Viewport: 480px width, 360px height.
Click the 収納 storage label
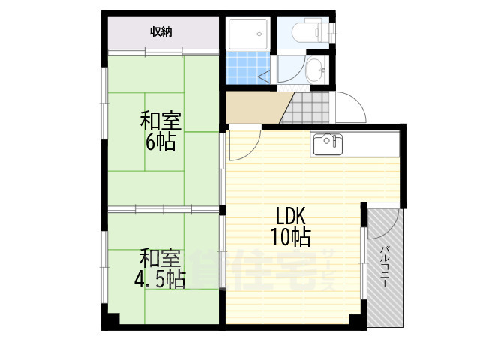coord(160,31)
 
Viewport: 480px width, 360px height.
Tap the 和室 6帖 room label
coord(160,132)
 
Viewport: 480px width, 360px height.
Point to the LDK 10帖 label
coord(291,226)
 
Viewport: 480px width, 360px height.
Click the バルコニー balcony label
coord(385,266)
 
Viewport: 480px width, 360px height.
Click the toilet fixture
coord(310,31)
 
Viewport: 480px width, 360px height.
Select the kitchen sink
coord(328,145)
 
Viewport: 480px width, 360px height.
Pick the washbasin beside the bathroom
coord(316,70)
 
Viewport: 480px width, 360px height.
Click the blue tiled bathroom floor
coord(248,67)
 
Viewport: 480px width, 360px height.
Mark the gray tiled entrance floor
coord(305,107)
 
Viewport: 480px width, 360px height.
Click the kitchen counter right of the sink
coord(371,145)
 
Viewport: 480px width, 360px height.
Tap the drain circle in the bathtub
coord(259,34)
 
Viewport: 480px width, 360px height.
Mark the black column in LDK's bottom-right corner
coord(358,322)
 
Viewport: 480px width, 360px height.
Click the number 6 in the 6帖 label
coord(150,142)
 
